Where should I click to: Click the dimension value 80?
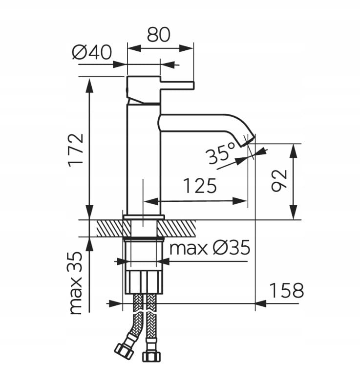pyautogui.click(x=159, y=35)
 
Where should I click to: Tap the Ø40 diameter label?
pyautogui.click(x=92, y=52)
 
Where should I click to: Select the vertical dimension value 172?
pyautogui.click(x=76, y=151)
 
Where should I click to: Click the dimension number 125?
pyautogui.click(x=200, y=186)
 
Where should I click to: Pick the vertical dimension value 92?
pyautogui.click(x=279, y=181)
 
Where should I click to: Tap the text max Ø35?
pyautogui.click(x=210, y=248)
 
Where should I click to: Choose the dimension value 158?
pyautogui.click(x=287, y=290)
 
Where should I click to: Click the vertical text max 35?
pyautogui.click(x=76, y=283)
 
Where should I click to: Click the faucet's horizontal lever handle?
pyautogui.click(x=177, y=86)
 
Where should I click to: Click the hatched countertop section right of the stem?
pyautogui.click(x=177, y=228)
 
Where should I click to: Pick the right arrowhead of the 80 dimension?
pyautogui.click(x=186, y=48)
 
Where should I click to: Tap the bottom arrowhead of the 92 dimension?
pyautogui.click(x=294, y=213)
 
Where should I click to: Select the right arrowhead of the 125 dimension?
pyautogui.click(x=240, y=201)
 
